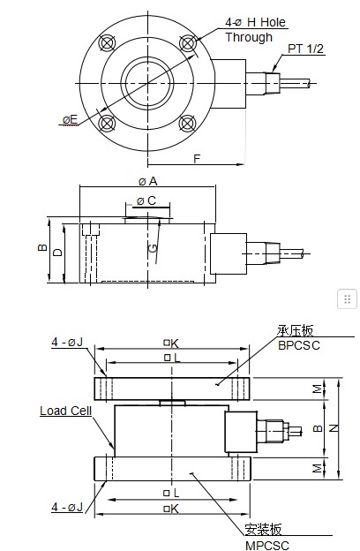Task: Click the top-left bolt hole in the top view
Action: click(x=109, y=42)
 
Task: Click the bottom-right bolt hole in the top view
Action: click(x=187, y=121)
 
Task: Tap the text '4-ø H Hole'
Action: click(x=256, y=21)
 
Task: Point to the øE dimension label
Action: click(x=70, y=119)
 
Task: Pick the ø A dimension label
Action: click(x=147, y=181)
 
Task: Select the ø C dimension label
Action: click(x=146, y=201)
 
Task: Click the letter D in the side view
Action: click(x=57, y=253)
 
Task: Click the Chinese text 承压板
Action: click(x=296, y=330)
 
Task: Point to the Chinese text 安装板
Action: click(x=263, y=530)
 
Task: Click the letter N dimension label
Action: click(x=332, y=426)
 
